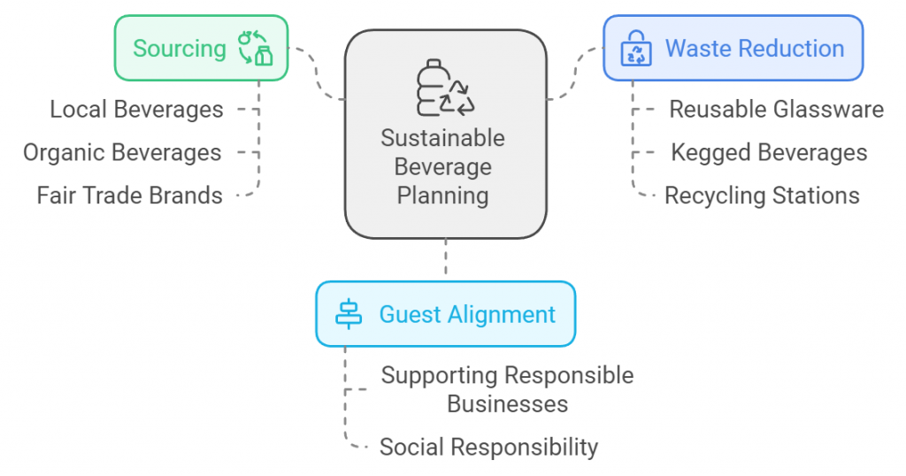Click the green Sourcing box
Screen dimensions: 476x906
[201, 48]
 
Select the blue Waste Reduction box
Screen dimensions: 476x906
[733, 48]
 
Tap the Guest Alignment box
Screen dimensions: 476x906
[445, 314]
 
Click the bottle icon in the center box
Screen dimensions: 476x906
[445, 88]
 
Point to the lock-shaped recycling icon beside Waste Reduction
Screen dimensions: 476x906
[636, 49]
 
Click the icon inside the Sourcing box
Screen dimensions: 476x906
[256, 48]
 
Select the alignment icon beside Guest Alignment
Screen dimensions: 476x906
[349, 314]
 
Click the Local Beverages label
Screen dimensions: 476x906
[136, 110]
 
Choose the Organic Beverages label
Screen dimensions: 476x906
[122, 152]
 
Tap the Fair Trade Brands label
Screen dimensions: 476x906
[129, 195]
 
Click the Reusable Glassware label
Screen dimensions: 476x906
[776, 110]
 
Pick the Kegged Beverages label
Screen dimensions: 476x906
[769, 152]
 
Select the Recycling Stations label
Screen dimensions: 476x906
[762, 195]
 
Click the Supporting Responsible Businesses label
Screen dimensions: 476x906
[507, 389]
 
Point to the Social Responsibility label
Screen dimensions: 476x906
[488, 447]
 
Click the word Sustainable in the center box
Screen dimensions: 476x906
[442, 138]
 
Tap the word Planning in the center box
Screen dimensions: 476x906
[442, 195]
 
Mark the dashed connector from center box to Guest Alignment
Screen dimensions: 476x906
[446, 259]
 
